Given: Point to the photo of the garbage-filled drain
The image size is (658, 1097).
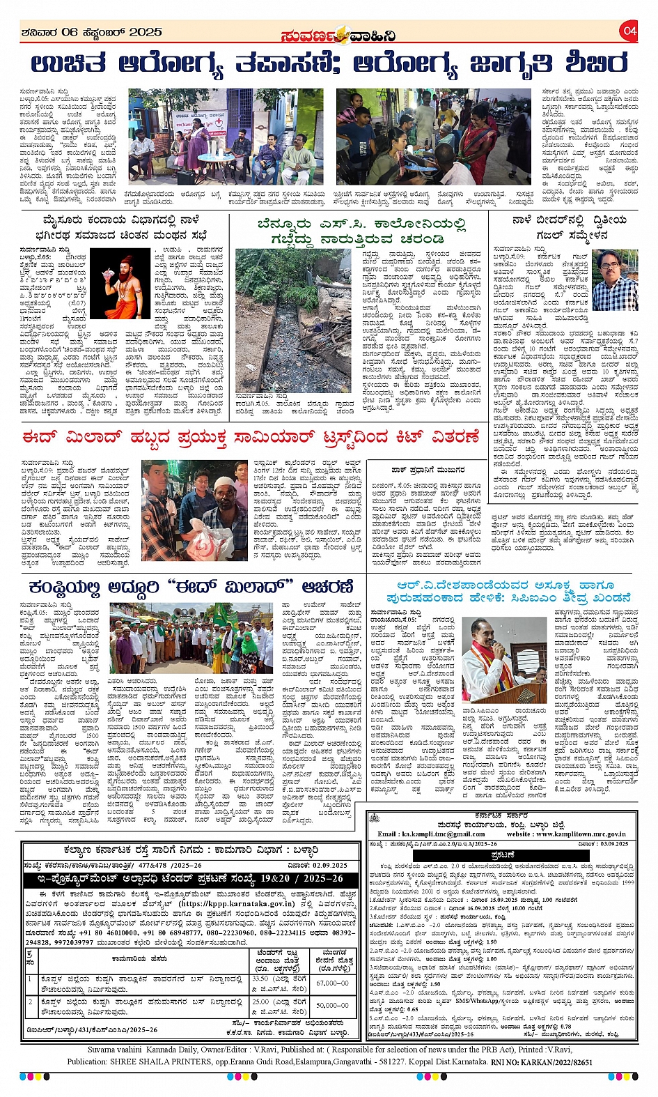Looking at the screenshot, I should tap(294, 321).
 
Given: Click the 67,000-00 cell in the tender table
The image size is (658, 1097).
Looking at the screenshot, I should tap(332, 983).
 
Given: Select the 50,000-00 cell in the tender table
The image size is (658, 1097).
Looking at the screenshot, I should tap(332, 1005).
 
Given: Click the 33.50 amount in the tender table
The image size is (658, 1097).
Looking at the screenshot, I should tap(260, 978).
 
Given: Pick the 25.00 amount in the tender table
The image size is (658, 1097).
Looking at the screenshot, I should tap(260, 1001).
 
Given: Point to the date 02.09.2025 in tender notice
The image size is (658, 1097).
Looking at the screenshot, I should tap(324, 865).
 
